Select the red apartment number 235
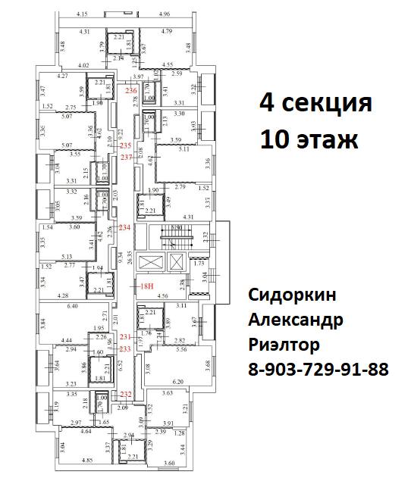(x=126, y=145)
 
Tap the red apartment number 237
(x=126, y=157)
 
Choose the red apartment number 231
(x=126, y=337)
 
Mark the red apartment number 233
(x=126, y=348)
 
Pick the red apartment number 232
(x=126, y=393)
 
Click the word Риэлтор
(x=284, y=345)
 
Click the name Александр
(x=296, y=320)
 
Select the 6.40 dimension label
(x=73, y=306)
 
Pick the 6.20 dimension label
(x=178, y=382)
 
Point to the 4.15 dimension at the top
(x=83, y=14)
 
